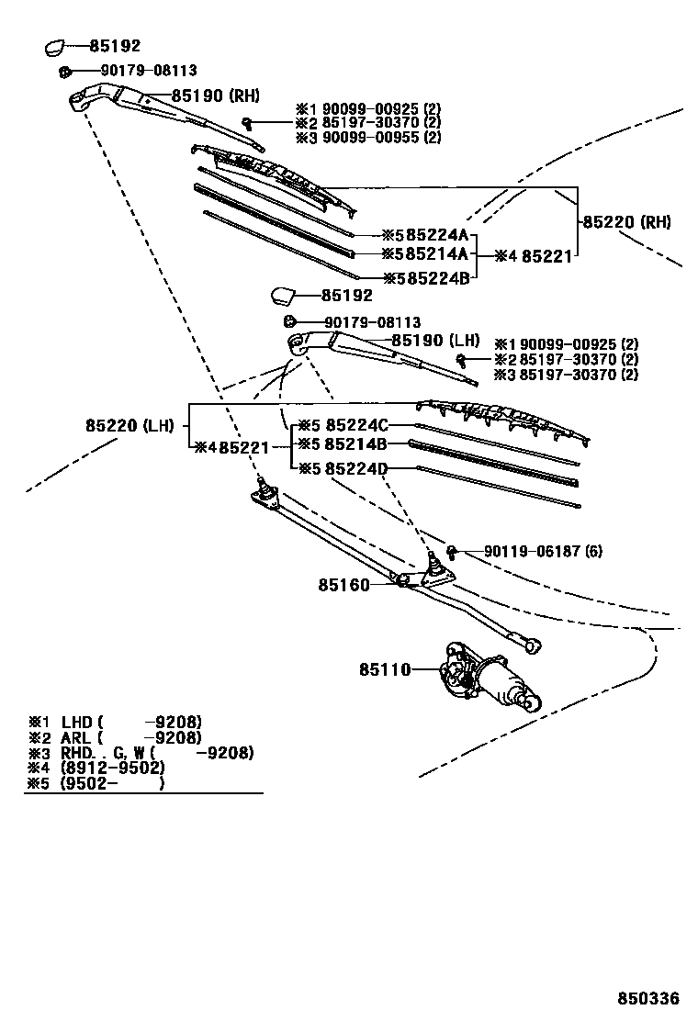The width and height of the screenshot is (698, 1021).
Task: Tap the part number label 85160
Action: pos(343,584)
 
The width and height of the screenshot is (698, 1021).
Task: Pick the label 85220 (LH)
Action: pos(129,425)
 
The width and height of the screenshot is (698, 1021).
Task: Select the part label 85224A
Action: pos(425,234)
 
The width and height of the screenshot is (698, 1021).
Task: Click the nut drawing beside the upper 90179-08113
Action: pos(64,71)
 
